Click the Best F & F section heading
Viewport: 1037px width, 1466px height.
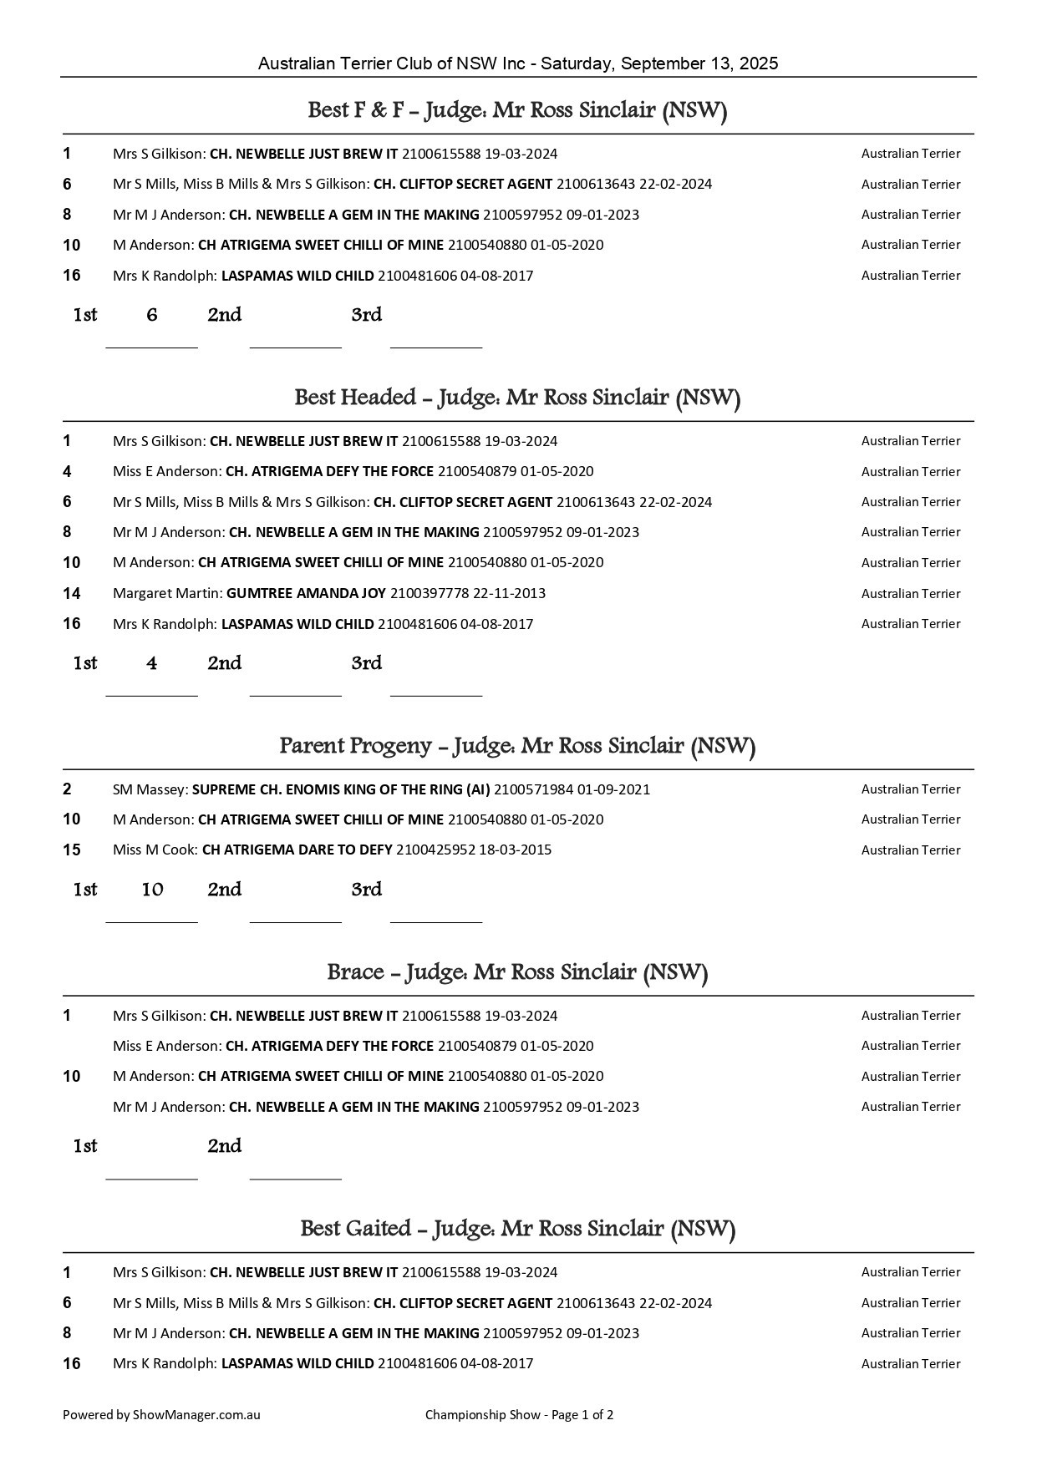click(517, 111)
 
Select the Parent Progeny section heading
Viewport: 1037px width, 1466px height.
click(517, 746)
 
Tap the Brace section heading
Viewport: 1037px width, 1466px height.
click(517, 973)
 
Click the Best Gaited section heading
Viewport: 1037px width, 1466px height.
click(517, 1230)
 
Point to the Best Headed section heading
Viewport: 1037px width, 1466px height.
click(517, 398)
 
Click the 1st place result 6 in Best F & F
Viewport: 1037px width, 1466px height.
click(152, 316)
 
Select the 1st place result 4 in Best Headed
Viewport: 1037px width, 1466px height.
click(152, 664)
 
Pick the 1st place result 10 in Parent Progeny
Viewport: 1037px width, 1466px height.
click(152, 890)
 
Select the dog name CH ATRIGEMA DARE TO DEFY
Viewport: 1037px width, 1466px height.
click(297, 850)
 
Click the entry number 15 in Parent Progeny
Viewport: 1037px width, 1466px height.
click(72, 850)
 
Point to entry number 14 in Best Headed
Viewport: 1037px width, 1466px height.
click(72, 594)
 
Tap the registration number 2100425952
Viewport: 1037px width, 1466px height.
click(435, 850)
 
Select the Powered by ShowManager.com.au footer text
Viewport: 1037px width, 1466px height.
click(161, 1415)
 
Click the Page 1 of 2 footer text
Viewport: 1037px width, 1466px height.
click(582, 1415)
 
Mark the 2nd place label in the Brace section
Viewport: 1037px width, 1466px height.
click(225, 1147)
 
